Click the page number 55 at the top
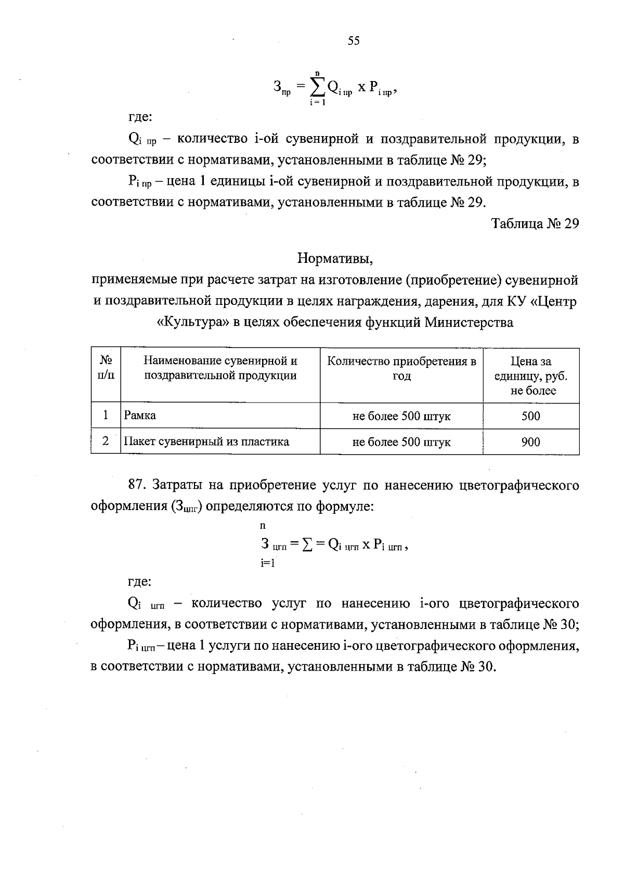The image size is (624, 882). (x=353, y=41)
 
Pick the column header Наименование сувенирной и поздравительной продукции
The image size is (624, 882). (x=220, y=368)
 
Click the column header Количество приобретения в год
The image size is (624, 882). (x=401, y=368)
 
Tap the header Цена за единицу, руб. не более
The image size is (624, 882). (x=531, y=376)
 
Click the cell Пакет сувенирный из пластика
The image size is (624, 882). (x=206, y=442)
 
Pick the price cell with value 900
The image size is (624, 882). (x=530, y=442)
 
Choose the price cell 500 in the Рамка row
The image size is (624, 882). (x=530, y=416)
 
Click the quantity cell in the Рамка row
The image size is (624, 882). (x=401, y=416)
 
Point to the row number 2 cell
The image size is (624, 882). (x=106, y=442)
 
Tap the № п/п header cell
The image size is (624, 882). (x=106, y=368)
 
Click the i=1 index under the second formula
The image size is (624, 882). (x=267, y=563)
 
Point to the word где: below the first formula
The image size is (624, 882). (x=140, y=117)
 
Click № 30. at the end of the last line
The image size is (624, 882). (x=478, y=667)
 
